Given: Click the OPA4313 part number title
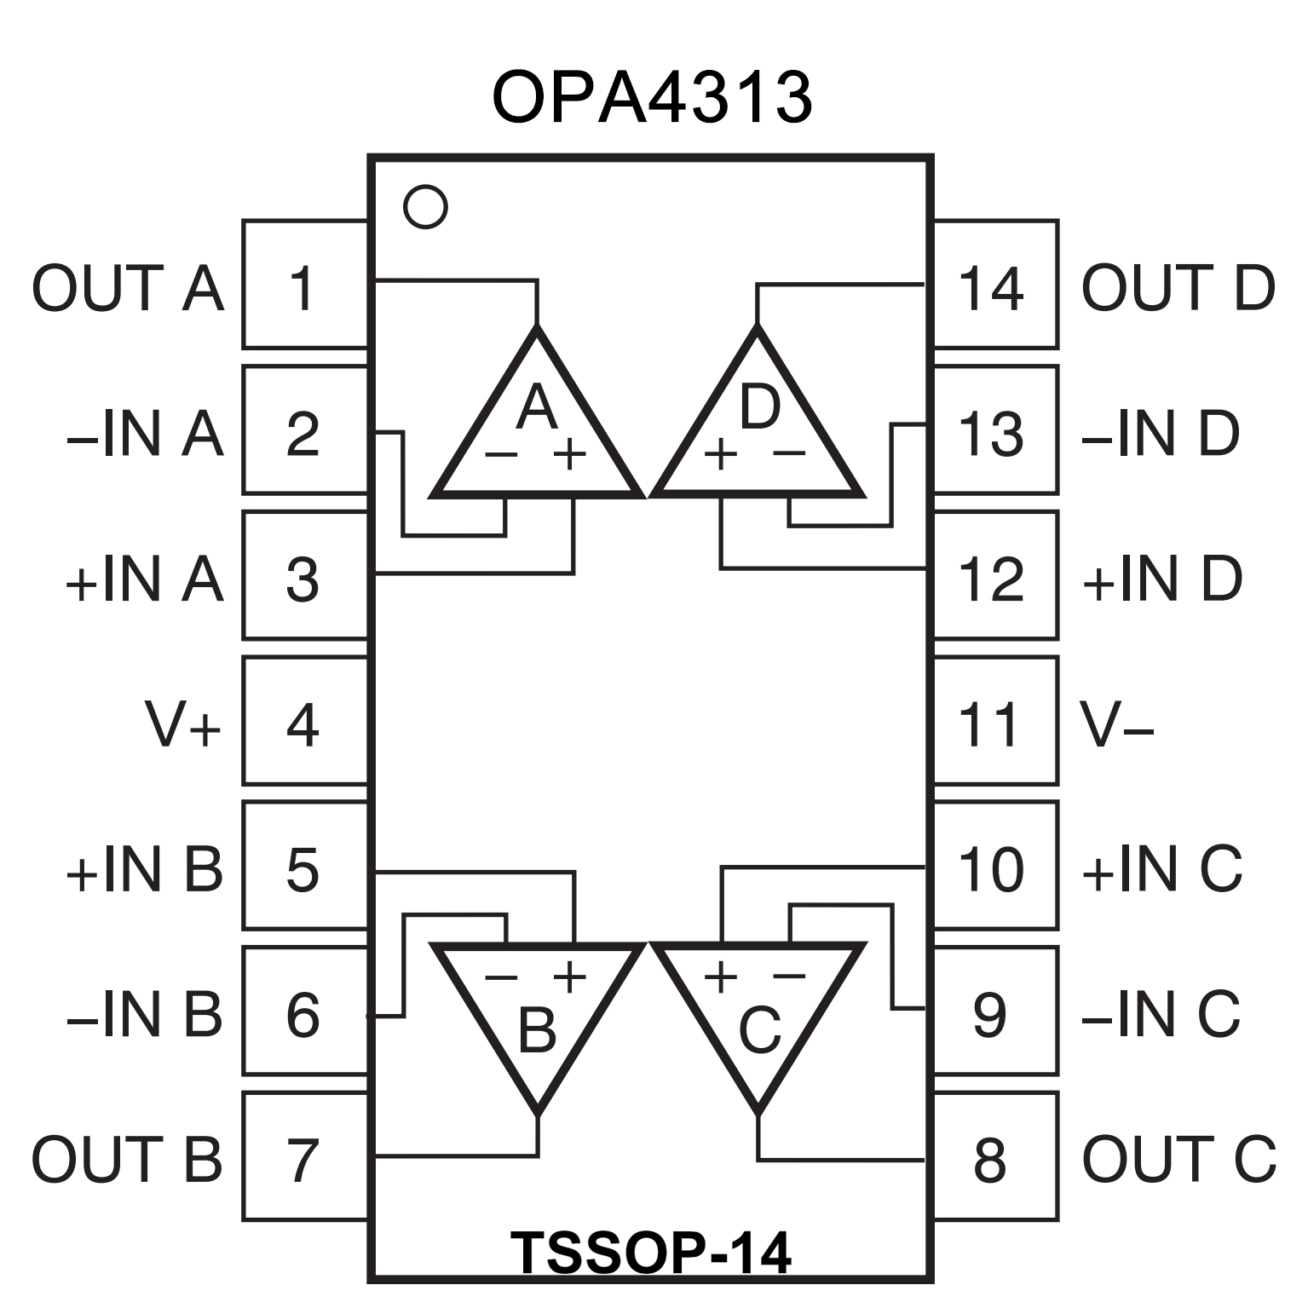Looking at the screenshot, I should click(652, 98).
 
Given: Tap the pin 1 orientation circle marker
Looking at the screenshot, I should click(425, 206).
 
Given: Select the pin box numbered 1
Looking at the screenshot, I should click(304, 286).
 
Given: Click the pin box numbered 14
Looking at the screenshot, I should click(994, 286).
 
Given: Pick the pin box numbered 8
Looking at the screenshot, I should click(994, 1157).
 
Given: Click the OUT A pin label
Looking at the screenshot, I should click(128, 288).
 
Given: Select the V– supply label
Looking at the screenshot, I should click(1117, 725).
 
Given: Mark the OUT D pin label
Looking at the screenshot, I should click(1178, 288).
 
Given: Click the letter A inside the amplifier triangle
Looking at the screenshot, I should click(537, 407).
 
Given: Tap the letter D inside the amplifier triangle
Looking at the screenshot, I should click(759, 407).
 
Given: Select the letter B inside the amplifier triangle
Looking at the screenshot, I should click(537, 1029).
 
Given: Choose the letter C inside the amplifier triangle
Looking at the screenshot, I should click(759, 1029).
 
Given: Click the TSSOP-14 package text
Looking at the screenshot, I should click(651, 1253).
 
